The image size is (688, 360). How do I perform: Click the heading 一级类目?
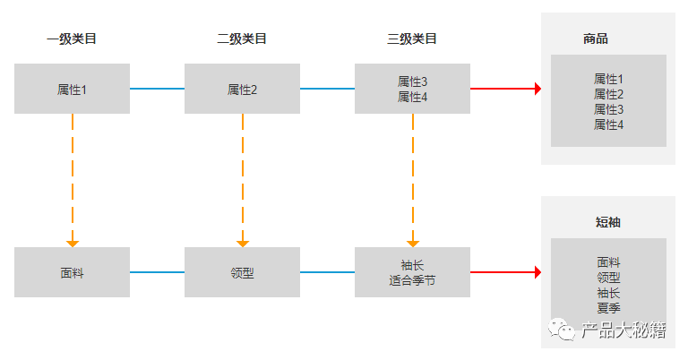click(x=72, y=39)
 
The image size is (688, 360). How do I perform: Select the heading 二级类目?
click(x=242, y=39)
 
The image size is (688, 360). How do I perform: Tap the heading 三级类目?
click(x=412, y=39)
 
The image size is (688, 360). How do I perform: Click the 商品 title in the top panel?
click(x=596, y=39)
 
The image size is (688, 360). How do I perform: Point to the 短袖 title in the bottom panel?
click(x=608, y=222)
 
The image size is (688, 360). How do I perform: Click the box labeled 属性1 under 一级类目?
click(x=72, y=89)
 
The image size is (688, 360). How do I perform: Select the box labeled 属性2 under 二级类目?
click(x=242, y=89)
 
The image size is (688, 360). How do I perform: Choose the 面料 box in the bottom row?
click(x=72, y=272)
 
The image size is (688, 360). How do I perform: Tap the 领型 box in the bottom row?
click(x=242, y=272)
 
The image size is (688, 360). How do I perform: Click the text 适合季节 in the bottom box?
click(x=412, y=280)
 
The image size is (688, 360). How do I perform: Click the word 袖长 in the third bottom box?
click(x=412, y=265)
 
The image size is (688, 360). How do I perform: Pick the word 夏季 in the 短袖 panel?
click(x=608, y=307)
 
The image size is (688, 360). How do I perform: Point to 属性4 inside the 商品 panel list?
click(x=608, y=124)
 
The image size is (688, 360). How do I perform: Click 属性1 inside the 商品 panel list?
click(x=608, y=79)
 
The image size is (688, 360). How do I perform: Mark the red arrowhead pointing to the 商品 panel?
click(x=537, y=89)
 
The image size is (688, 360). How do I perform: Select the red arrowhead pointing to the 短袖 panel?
click(x=537, y=272)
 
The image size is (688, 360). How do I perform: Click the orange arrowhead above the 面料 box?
click(x=73, y=243)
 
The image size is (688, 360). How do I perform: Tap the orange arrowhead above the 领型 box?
click(x=243, y=243)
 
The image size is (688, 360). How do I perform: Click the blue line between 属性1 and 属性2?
click(x=157, y=89)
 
